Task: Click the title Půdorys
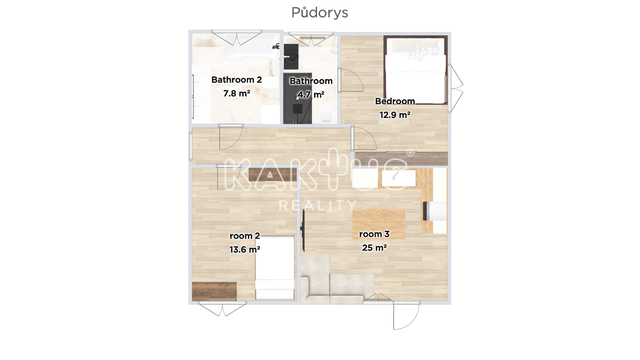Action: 320,13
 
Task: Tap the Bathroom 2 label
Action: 237,80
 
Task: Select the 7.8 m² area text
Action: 237,93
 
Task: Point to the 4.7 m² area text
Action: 311,95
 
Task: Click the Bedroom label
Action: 395,101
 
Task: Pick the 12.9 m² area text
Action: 395,115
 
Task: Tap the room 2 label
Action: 245,236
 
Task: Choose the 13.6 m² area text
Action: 245,249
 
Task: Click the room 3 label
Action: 374,234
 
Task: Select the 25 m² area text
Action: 374,248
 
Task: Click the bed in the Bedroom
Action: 416,70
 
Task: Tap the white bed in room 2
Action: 275,268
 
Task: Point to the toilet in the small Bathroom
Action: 327,114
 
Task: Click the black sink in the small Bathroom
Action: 291,56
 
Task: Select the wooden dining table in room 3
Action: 379,224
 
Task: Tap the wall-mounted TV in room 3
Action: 304,230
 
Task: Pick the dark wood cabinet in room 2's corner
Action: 214,291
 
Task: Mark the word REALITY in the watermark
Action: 318,205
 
